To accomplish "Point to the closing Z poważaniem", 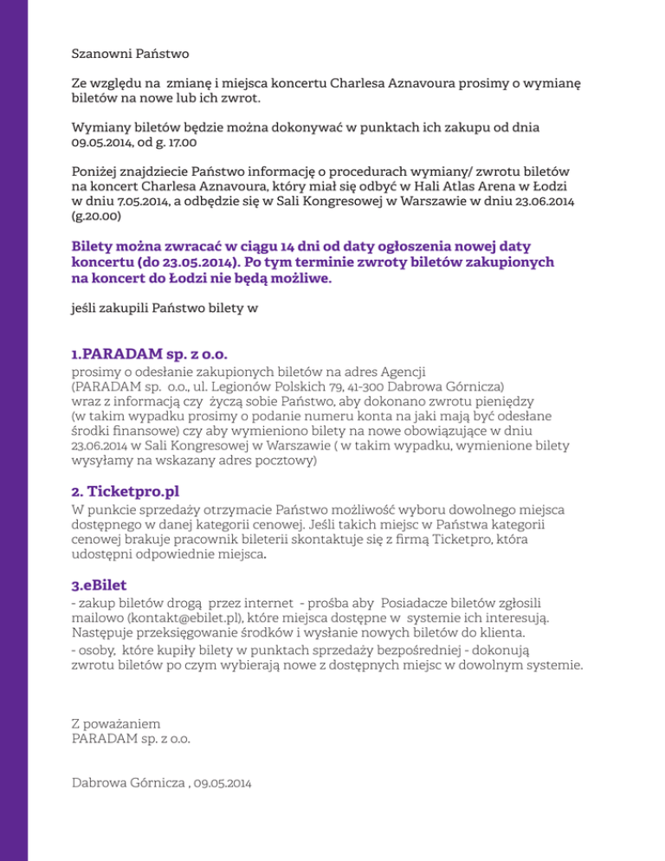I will click(x=115, y=723).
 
